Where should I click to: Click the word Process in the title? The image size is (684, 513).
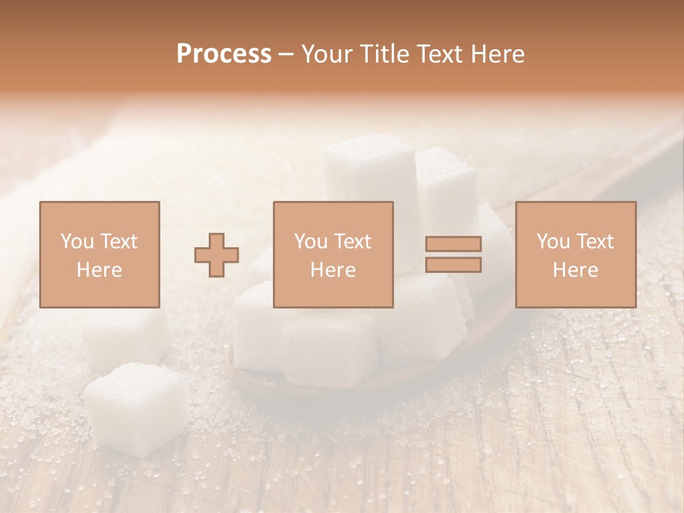(x=224, y=54)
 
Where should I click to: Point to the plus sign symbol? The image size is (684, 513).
(x=217, y=255)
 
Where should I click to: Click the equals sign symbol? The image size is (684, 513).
(x=453, y=254)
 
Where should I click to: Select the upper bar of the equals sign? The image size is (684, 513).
(x=453, y=244)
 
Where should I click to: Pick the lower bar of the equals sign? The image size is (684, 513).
(x=453, y=265)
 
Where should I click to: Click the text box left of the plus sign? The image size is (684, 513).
(x=100, y=254)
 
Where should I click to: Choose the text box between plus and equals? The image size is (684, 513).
(x=333, y=254)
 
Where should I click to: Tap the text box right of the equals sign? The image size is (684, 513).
(x=576, y=254)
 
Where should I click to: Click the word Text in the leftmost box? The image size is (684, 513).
(x=118, y=242)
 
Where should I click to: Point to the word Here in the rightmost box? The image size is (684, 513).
(x=576, y=269)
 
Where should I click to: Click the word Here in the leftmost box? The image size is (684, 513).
(x=100, y=269)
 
